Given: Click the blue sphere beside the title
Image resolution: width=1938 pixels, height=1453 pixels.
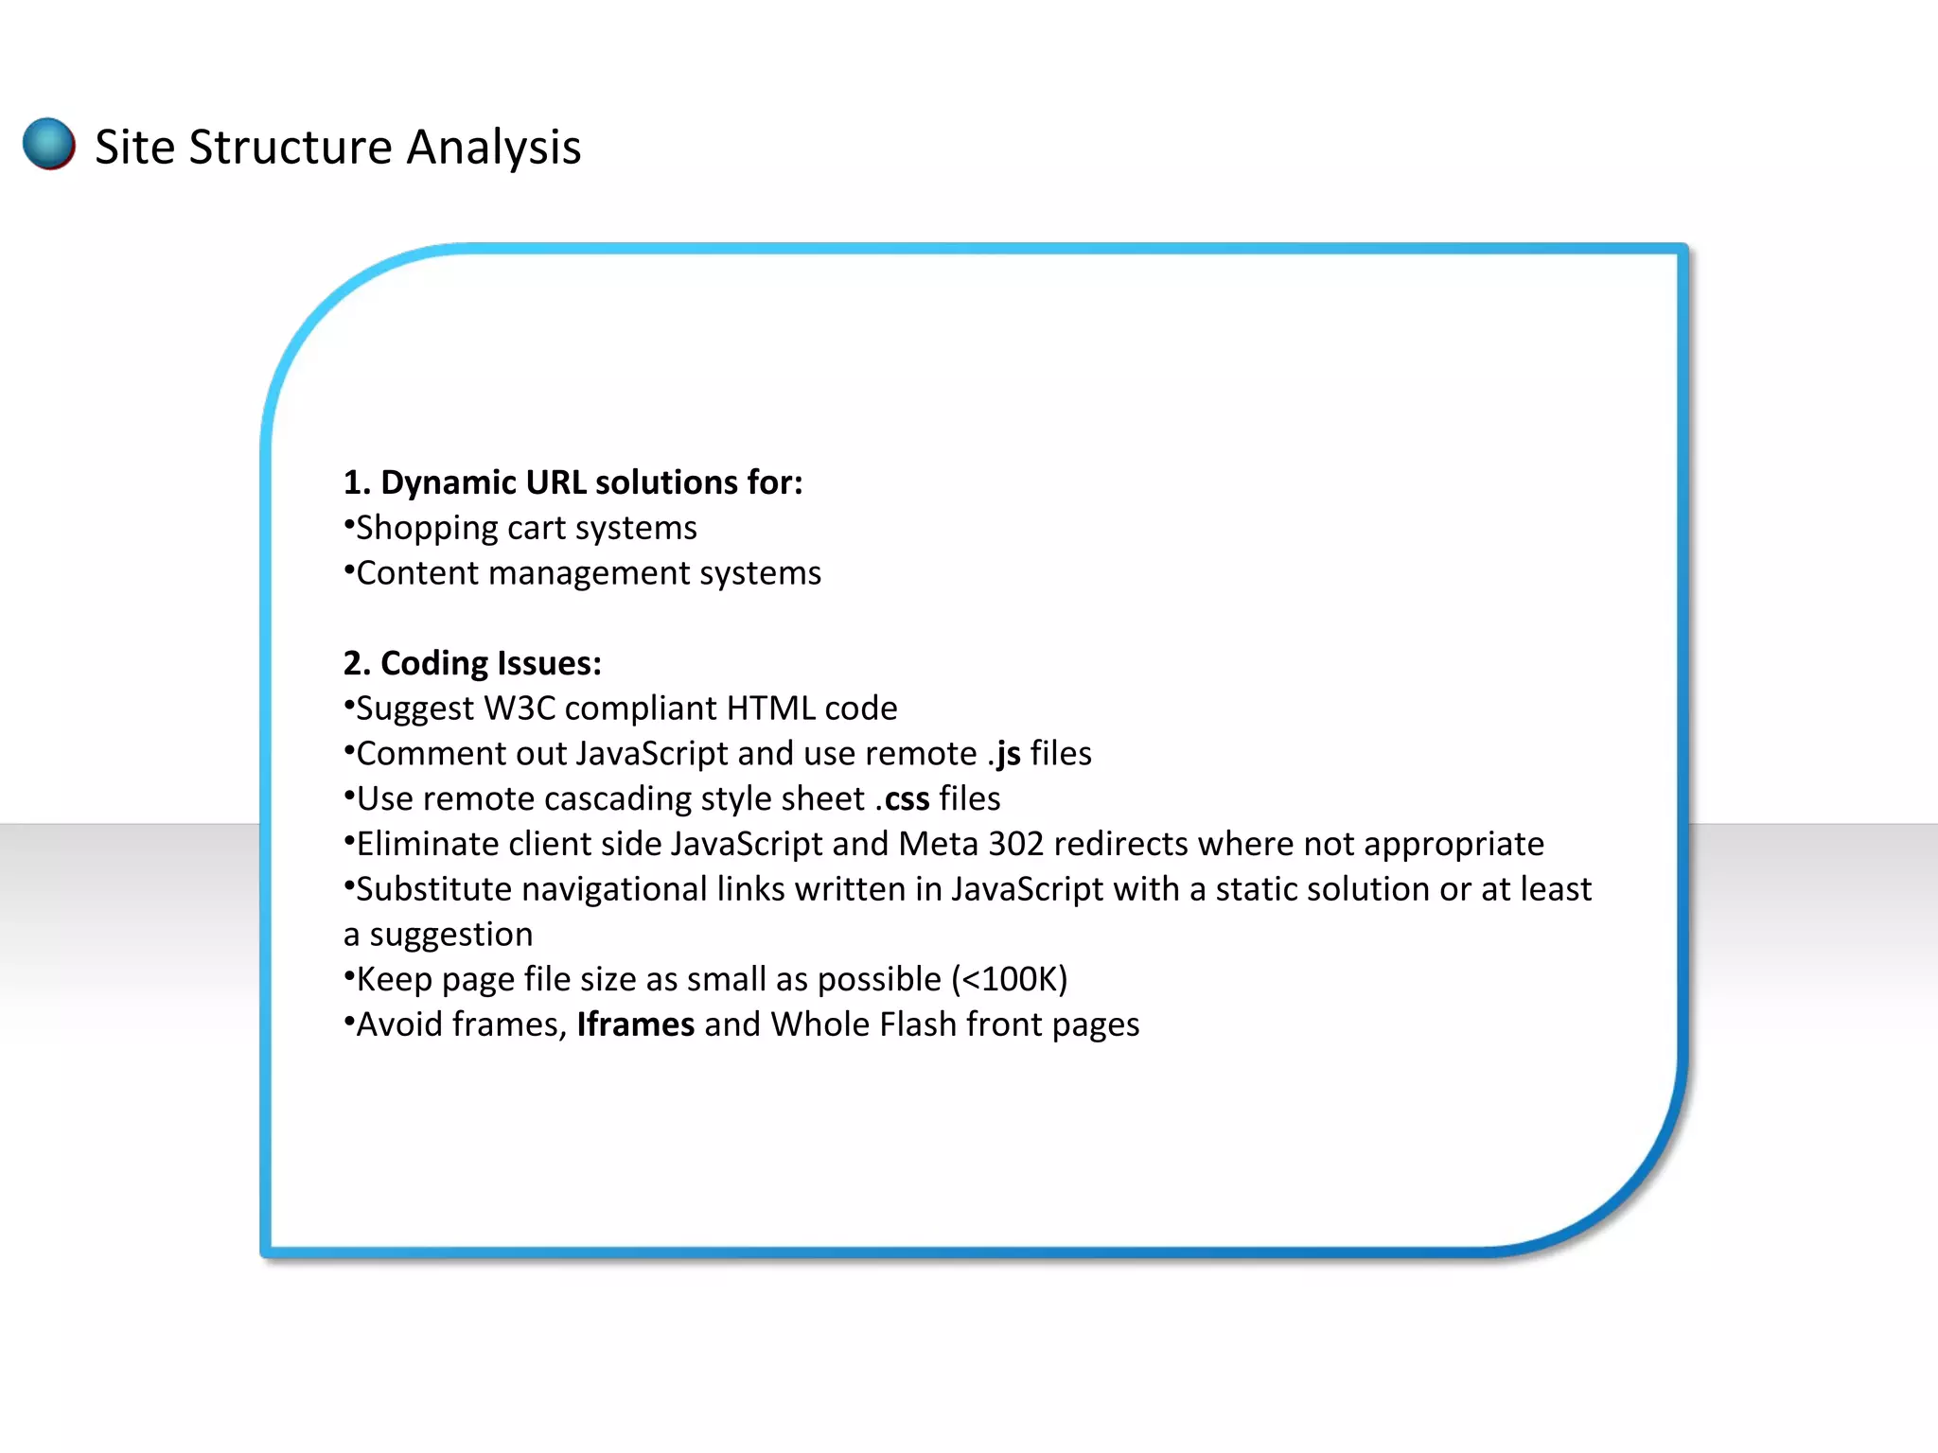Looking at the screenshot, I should click(49, 144).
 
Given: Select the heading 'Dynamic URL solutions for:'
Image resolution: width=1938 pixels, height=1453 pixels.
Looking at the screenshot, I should click(573, 482).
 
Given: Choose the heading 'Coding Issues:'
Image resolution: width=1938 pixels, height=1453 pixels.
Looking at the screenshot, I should click(472, 663).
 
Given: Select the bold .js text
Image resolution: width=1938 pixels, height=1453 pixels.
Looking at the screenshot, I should click(1004, 754).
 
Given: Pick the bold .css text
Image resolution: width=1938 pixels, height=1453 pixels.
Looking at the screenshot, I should click(902, 799).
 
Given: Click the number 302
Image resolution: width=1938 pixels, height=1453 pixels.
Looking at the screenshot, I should click(1015, 844).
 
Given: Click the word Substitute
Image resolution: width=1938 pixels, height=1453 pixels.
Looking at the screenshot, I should click(433, 889).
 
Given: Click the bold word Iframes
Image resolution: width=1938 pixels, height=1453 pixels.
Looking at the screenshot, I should click(635, 1024).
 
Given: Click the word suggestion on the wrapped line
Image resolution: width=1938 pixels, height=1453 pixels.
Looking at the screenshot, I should click(450, 935).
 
